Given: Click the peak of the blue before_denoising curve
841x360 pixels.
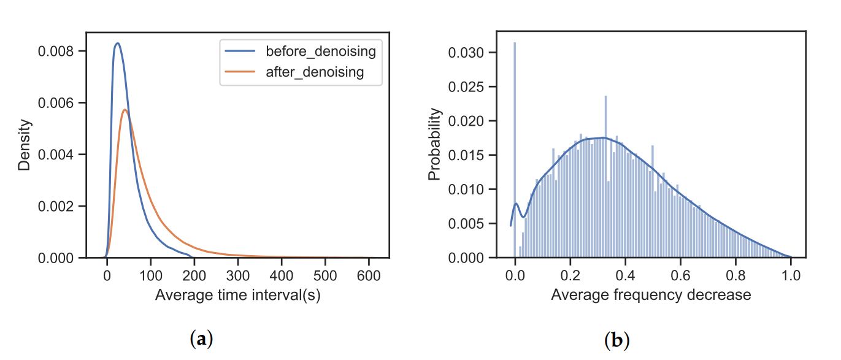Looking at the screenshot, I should point(117,44).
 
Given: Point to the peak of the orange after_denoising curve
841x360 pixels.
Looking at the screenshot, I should point(125,110).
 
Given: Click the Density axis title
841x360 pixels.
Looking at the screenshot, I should point(25,145).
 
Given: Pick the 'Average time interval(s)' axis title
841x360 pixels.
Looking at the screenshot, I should point(238,294).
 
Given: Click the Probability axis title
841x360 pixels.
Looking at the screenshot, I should point(434,145).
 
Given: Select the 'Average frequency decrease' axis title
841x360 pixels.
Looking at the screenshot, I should point(651,294).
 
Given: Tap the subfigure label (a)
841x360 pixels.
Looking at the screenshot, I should point(202,339).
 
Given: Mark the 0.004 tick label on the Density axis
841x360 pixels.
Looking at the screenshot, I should point(58,155).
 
